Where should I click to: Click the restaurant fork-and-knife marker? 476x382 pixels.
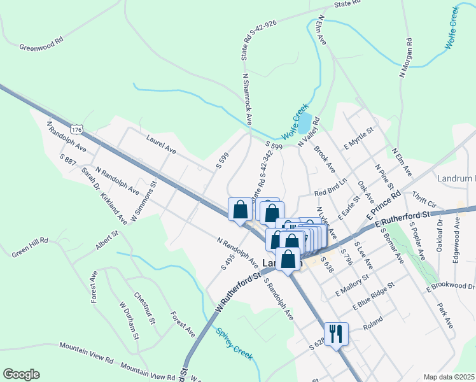[x=336, y=333]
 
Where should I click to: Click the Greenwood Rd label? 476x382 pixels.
[x=42, y=46]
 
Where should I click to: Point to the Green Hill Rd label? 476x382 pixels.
[x=29, y=246]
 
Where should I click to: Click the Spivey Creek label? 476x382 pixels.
[x=234, y=342]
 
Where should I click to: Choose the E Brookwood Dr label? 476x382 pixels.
[x=449, y=282]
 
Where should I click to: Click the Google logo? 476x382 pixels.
[x=21, y=374]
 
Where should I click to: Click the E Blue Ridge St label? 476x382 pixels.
[x=374, y=296]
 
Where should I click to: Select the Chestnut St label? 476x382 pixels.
[x=145, y=308]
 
